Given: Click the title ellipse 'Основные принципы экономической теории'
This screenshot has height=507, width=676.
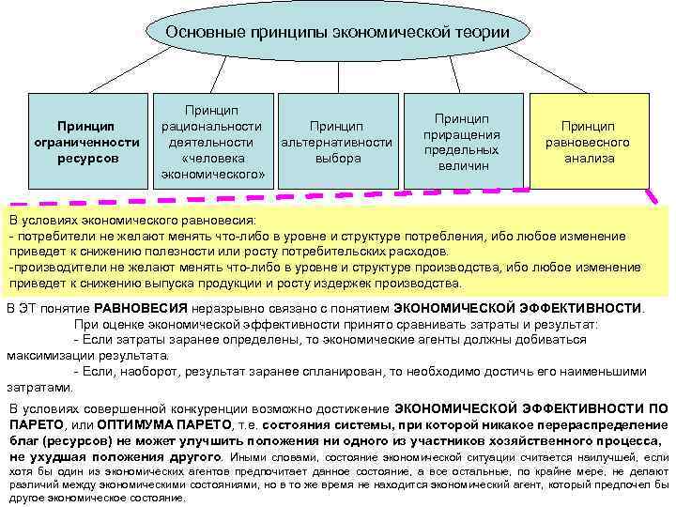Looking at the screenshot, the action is (x=337, y=33).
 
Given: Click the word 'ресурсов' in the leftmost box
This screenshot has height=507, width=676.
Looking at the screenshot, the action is (x=85, y=159).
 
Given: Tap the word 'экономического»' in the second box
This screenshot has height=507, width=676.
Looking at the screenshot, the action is (x=212, y=174).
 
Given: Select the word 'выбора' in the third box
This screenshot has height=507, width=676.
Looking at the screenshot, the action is (x=338, y=159).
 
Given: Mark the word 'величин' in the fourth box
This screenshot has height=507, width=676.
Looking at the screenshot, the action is (x=463, y=165).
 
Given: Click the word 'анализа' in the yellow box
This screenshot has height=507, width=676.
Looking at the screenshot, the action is (x=589, y=159).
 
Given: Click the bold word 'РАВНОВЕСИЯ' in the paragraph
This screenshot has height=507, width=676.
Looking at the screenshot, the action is (x=140, y=308).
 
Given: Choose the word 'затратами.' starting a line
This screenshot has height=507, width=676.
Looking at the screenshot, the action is (x=38, y=386).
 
